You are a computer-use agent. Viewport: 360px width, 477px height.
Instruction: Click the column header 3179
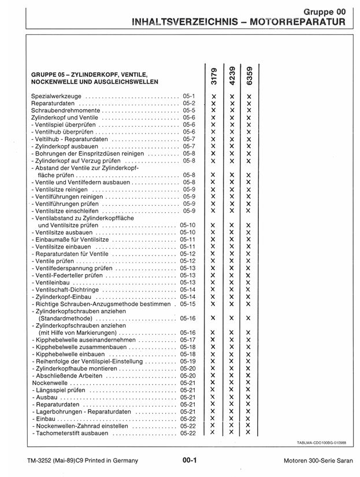[x=213, y=74]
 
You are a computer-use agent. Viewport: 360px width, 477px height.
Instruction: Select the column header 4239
[x=231, y=74]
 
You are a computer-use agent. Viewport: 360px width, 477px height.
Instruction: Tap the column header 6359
[x=248, y=74]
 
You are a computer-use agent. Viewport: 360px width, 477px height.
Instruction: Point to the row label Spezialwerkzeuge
[x=57, y=95]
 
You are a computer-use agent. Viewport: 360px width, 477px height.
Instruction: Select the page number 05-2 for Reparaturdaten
[x=189, y=102]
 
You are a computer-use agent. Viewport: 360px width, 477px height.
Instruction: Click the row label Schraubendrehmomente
[x=65, y=110]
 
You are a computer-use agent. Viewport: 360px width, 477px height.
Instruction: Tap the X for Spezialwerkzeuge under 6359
[x=248, y=95]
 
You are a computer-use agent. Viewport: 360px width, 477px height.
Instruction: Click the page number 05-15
[x=188, y=304]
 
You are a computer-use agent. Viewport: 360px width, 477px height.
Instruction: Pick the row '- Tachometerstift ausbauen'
[x=70, y=433]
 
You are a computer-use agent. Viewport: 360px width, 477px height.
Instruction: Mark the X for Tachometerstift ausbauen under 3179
[x=213, y=432]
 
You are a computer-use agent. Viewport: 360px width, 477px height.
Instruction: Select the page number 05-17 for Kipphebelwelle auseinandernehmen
[x=188, y=339]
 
